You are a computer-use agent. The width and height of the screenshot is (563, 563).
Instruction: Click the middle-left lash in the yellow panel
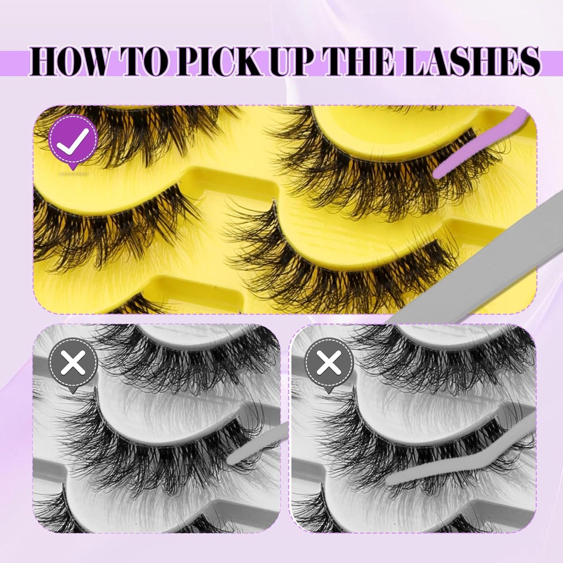point(109,230)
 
